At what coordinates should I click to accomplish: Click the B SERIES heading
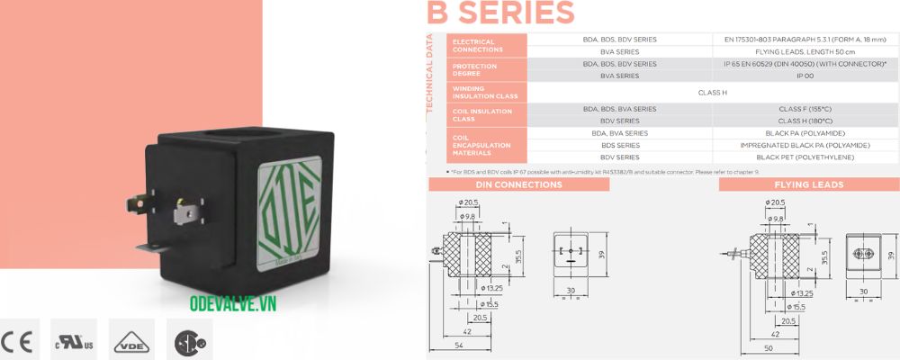500,13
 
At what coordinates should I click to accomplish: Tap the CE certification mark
18,343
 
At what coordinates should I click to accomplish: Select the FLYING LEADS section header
808,184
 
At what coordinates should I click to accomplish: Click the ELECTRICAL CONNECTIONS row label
477,45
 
